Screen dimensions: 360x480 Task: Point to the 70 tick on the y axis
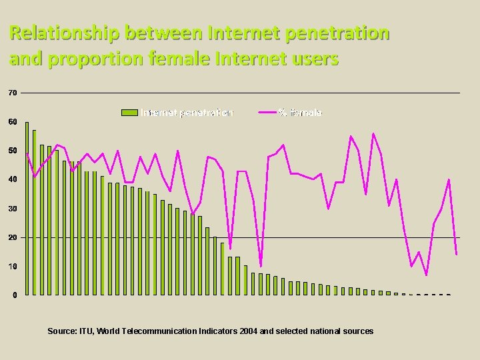coord(13,93)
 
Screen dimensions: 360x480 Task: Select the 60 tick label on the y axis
coord(13,122)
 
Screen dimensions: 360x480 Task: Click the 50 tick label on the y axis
coord(13,151)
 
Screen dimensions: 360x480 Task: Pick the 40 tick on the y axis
coord(13,180)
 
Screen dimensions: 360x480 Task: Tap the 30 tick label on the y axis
coord(13,209)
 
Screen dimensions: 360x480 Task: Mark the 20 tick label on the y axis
coord(13,238)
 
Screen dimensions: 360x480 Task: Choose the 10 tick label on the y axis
coord(13,267)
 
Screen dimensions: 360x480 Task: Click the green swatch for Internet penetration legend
coord(129,113)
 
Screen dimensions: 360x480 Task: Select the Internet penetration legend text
coord(187,113)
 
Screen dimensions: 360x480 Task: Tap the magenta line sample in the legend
coord(268,113)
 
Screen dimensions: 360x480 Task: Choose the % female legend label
coord(301,113)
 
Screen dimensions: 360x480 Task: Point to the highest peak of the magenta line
coord(373,134)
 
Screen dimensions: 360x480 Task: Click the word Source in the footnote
coord(62,331)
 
